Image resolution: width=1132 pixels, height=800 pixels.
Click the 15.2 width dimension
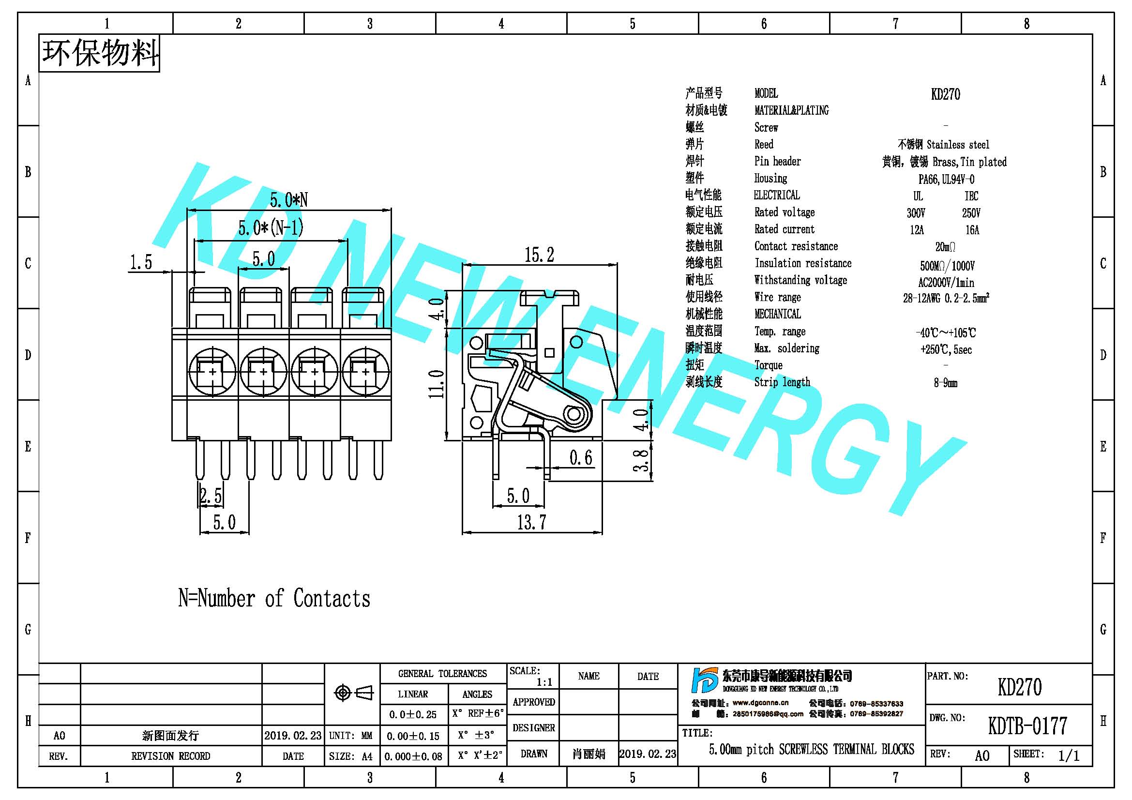pyautogui.click(x=539, y=255)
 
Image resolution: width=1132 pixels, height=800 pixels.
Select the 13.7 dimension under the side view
pyautogui.click(x=531, y=522)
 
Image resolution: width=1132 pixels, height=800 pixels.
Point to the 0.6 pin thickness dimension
pyautogui.click(x=581, y=457)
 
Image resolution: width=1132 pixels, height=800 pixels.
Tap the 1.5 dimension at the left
pyautogui.click(x=141, y=262)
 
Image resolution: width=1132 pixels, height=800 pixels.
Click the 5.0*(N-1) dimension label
pyautogui.click(x=271, y=228)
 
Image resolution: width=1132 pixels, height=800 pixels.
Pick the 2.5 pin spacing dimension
pyautogui.click(x=211, y=496)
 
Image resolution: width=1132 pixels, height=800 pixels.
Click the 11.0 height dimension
pyautogui.click(x=437, y=384)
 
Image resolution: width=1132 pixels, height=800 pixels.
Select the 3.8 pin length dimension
pyautogui.click(x=640, y=460)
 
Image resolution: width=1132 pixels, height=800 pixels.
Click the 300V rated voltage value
pyautogui.click(x=916, y=213)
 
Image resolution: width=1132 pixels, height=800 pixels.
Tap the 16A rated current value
pyautogui.click(x=972, y=230)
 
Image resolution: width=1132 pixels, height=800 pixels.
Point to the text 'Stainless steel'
pyautogui.click(x=958, y=145)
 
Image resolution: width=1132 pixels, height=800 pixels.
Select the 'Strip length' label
pyautogui.click(x=782, y=382)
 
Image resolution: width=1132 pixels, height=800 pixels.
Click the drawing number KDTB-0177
pyautogui.click(x=1027, y=725)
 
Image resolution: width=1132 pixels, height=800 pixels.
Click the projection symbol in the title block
pyautogui.click(x=353, y=693)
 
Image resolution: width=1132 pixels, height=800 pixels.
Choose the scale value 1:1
pyautogui.click(x=544, y=682)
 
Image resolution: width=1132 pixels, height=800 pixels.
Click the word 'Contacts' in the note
pyautogui.click(x=332, y=598)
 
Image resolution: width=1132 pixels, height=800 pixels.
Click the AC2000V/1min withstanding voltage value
pyautogui.click(x=946, y=283)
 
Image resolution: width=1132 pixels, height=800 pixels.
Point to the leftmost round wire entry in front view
pyautogui.click(x=212, y=371)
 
